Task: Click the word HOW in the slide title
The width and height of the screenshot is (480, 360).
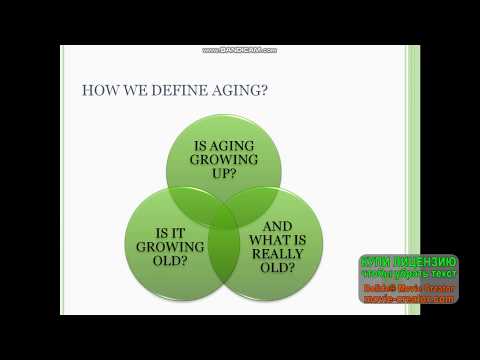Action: coord(97,91)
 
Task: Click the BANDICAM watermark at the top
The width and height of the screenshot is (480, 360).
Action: coord(239,50)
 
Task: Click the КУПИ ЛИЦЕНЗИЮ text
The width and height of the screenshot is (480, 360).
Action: coord(409,262)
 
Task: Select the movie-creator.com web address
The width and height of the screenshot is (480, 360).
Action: coord(409,298)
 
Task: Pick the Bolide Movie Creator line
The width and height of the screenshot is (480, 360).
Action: coord(409,287)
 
